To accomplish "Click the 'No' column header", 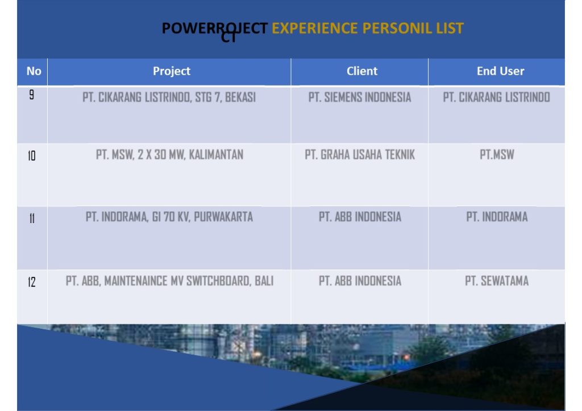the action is (x=34, y=71).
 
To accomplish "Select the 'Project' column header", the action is (x=172, y=71).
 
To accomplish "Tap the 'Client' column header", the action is (x=362, y=71).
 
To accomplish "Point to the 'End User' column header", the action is (x=500, y=71).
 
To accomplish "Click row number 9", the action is (x=32, y=95).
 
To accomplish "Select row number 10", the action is (x=32, y=156).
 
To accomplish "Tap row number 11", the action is (x=32, y=219).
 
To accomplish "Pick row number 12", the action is (x=32, y=282).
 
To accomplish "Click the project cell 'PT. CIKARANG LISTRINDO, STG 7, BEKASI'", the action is (x=169, y=98).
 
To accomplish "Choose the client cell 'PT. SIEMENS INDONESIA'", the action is (x=360, y=98).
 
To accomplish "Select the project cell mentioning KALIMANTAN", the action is (x=169, y=154).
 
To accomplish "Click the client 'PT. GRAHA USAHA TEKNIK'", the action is (x=360, y=154).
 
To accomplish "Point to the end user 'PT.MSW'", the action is (x=497, y=154).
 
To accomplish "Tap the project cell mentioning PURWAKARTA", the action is (x=169, y=217).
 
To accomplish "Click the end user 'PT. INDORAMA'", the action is (x=497, y=217).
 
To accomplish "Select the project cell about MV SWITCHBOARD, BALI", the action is (x=169, y=281).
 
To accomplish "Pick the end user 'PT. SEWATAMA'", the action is (x=497, y=281).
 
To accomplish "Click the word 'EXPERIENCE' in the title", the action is (x=315, y=28).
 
